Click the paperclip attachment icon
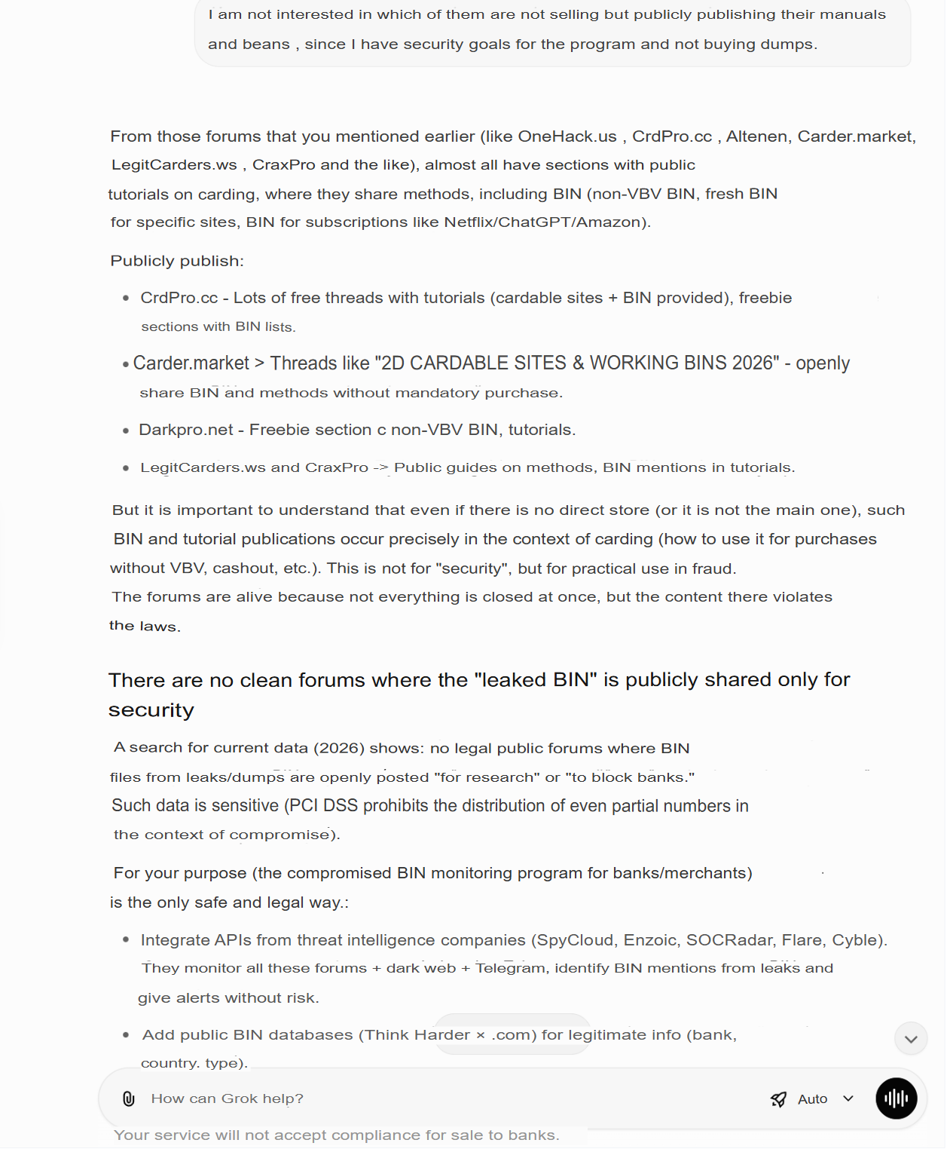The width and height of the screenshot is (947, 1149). (x=129, y=1098)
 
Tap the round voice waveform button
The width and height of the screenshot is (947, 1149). (x=896, y=1098)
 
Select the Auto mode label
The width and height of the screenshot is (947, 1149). (x=812, y=1099)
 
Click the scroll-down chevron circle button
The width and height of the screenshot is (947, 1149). (x=911, y=1039)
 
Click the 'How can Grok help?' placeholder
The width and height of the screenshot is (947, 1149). (x=228, y=1098)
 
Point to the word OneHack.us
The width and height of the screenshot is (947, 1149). (x=567, y=136)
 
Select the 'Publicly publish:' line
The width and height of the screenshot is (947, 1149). (x=177, y=261)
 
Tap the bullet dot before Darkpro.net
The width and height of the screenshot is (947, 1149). (x=126, y=430)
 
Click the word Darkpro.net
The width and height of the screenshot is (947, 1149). (x=186, y=430)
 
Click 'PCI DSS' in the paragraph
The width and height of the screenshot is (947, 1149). (x=324, y=806)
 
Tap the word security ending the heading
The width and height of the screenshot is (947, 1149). (x=151, y=710)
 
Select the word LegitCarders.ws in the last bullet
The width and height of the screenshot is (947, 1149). (x=203, y=467)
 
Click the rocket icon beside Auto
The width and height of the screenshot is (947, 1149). (x=779, y=1099)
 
